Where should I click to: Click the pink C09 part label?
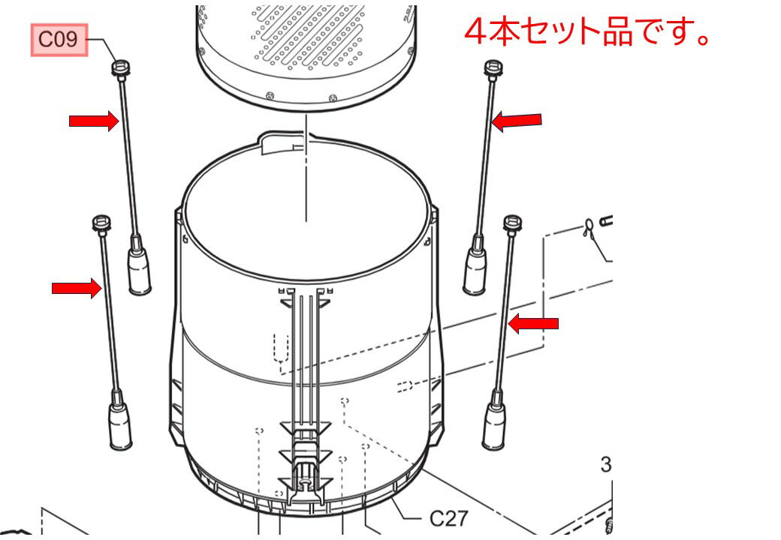click(x=59, y=40)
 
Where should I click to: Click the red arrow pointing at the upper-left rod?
click(x=94, y=121)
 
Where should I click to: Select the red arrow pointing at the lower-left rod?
click(x=76, y=288)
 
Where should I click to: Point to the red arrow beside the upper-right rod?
click(x=517, y=120)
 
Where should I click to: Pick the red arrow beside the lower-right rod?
click(x=533, y=323)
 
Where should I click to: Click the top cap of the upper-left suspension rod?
click(x=119, y=68)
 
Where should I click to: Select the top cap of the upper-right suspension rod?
click(x=493, y=68)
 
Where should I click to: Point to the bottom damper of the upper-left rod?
click(x=139, y=270)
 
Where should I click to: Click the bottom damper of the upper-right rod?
click(x=475, y=270)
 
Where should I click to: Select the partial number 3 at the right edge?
click(x=606, y=465)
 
